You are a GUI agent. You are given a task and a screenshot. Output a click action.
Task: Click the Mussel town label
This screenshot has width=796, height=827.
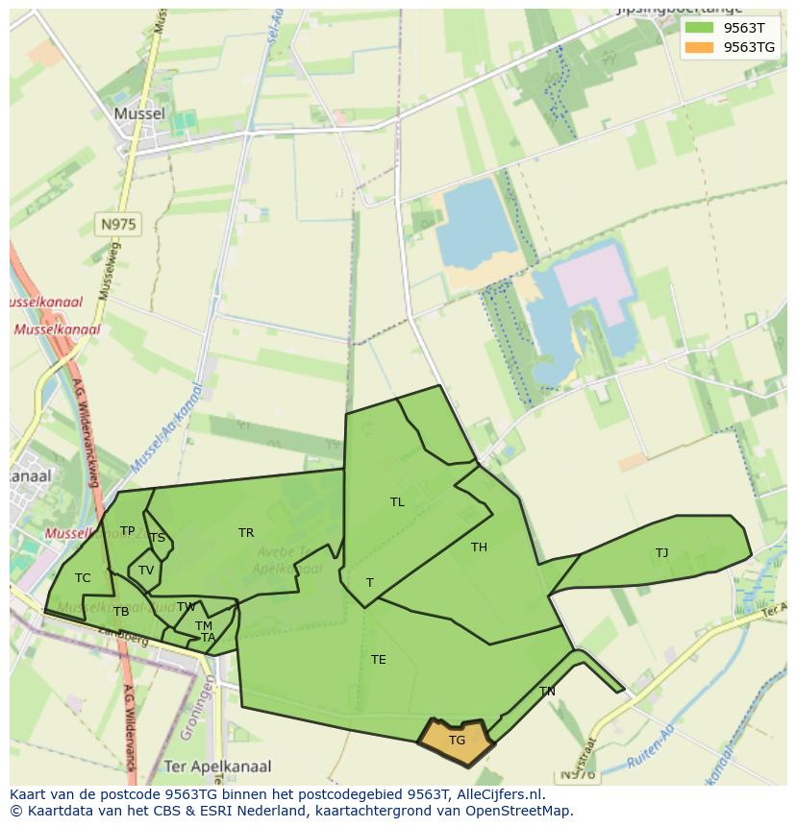(139, 113)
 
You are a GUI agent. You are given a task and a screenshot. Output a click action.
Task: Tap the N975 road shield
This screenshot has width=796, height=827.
(118, 225)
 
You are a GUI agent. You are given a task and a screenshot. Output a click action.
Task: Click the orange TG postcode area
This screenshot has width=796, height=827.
(457, 741)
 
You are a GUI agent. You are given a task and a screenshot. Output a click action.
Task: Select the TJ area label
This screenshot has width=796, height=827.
(661, 553)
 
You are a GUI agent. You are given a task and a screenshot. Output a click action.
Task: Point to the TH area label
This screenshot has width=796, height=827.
(479, 547)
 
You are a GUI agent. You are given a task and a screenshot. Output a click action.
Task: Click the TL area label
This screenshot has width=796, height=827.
(397, 502)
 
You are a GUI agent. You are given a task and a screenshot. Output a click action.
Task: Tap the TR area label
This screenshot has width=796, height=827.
(246, 533)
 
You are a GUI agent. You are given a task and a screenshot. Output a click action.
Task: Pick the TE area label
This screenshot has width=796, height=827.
(379, 660)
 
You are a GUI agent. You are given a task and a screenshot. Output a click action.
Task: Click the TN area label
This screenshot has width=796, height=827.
(547, 692)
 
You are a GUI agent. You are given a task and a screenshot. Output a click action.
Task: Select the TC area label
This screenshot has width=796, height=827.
(83, 578)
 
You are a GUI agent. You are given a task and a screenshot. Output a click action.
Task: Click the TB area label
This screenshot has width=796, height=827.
(121, 612)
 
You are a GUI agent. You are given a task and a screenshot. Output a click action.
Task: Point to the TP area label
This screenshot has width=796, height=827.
(127, 531)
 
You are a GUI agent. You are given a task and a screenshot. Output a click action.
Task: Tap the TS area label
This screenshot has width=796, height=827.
(158, 538)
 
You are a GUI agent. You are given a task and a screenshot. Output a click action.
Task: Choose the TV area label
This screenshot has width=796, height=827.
(146, 571)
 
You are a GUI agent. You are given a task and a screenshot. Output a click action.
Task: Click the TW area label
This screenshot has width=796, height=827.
(187, 607)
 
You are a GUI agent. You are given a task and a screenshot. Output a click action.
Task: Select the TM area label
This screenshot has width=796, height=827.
(204, 626)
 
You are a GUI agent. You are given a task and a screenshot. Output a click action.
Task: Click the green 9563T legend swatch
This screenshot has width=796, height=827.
(699, 28)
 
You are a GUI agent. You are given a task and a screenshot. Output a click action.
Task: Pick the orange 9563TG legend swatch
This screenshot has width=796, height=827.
(699, 47)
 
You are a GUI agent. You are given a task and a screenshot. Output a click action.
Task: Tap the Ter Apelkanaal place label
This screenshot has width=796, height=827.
(217, 766)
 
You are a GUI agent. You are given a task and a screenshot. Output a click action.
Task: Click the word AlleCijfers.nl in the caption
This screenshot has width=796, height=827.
(498, 794)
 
